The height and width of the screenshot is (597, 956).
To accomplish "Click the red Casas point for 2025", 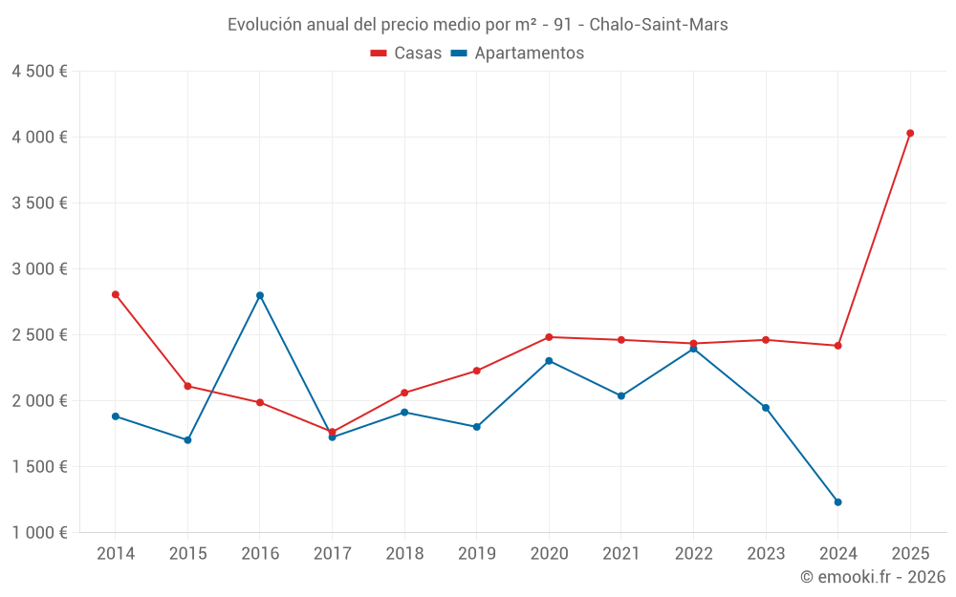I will point(910,133).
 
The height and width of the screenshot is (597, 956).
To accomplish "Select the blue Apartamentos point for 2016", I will point(260,295).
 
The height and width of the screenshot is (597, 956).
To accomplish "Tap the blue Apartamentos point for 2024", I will point(837,501).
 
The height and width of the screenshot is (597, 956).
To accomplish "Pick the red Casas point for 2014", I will point(116,294).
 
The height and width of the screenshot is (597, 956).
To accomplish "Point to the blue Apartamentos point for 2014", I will point(116,416).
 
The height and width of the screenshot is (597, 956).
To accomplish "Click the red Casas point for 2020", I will point(549,337).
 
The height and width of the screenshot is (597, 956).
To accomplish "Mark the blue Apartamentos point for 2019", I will point(476,427).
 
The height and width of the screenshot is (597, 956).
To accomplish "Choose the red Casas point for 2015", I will point(187,386).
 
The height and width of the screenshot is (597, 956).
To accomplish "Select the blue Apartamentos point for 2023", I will point(766,408).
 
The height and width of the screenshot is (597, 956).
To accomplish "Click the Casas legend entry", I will point(406,53).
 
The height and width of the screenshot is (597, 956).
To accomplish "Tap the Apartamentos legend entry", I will point(517,53).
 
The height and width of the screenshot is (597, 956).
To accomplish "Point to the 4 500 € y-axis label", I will point(40,72).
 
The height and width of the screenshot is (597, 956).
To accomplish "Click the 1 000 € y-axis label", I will point(40,532).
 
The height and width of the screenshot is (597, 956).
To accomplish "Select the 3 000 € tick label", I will point(40,269).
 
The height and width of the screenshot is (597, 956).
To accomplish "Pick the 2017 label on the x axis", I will point(332,553).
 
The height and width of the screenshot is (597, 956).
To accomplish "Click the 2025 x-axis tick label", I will point(910,553).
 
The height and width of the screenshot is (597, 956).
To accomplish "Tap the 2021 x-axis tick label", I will point(620,553).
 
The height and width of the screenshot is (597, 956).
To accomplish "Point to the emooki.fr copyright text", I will point(872,577).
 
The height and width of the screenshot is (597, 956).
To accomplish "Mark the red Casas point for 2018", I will point(404,393).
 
